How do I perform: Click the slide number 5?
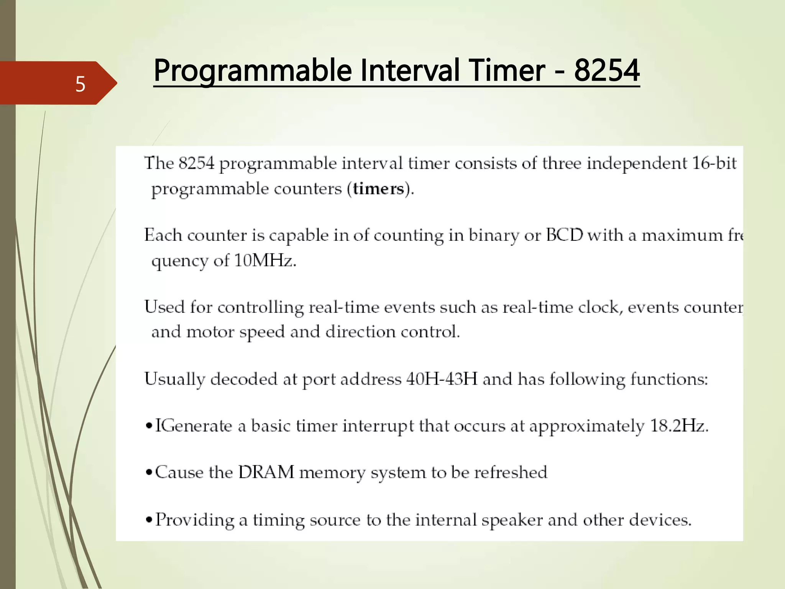(80, 84)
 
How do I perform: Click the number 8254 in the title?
(607, 71)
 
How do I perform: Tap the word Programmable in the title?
(253, 71)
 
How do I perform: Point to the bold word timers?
(379, 189)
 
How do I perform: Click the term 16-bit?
(714, 163)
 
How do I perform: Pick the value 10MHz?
(265, 261)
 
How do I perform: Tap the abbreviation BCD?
(564, 235)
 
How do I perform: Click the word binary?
(494, 235)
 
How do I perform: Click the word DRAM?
(266, 472)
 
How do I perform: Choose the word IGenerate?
(194, 426)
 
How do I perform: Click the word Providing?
(195, 520)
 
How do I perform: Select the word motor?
(210, 332)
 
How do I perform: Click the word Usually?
(175, 379)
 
